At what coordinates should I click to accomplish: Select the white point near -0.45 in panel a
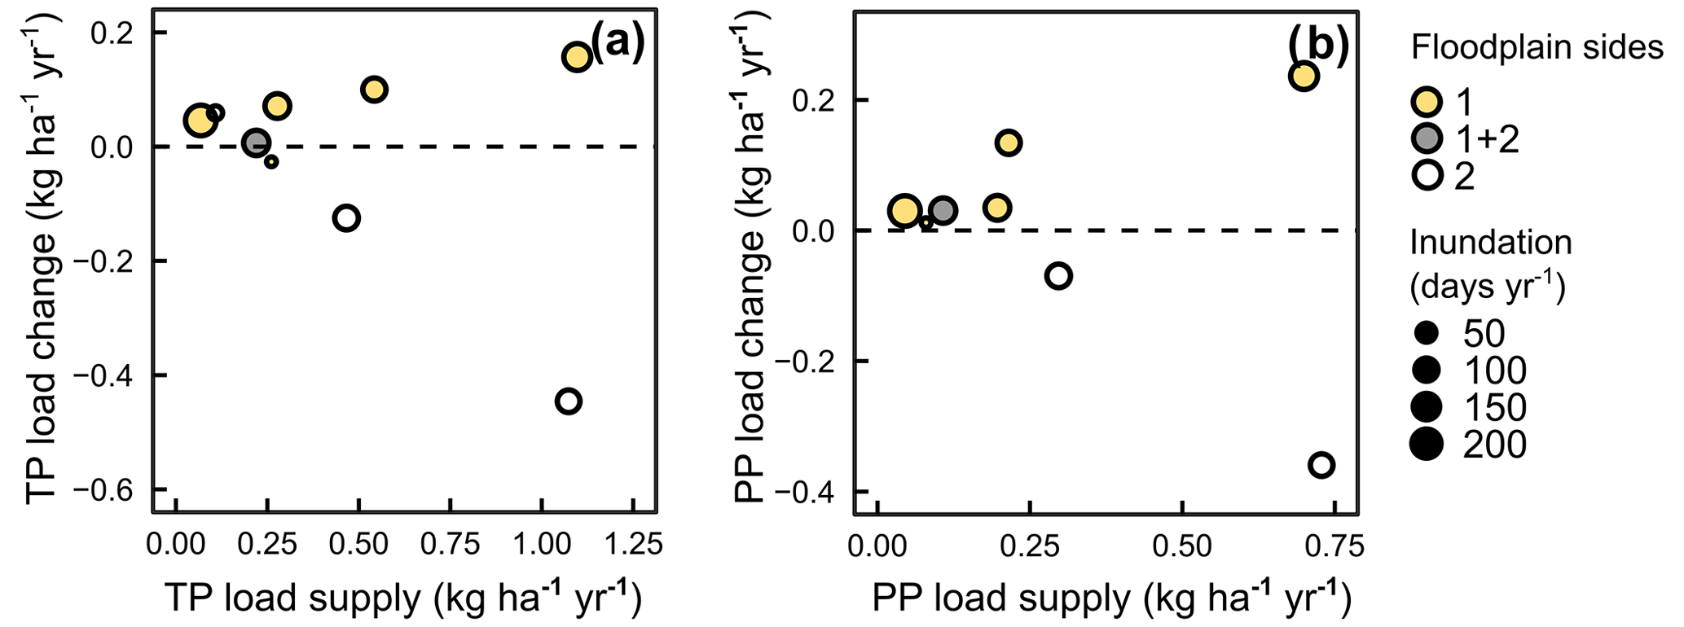pyautogui.click(x=569, y=401)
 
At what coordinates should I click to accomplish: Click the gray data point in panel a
pyautogui.click(x=256, y=143)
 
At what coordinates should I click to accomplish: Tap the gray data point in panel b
pyautogui.click(x=943, y=211)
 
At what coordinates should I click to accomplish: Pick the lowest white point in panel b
pyautogui.click(x=1321, y=465)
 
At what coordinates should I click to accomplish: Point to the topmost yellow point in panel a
pyautogui.click(x=576, y=57)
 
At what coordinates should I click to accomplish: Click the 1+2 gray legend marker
pyautogui.click(x=1427, y=139)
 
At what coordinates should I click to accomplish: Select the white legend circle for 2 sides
pyautogui.click(x=1427, y=176)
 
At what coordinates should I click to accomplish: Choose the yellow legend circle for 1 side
pyautogui.click(x=1427, y=103)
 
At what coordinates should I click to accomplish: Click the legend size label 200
pyautogui.click(x=1494, y=445)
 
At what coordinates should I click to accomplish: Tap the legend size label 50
pyautogui.click(x=1484, y=333)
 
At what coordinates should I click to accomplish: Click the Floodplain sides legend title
pyautogui.click(x=1537, y=48)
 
